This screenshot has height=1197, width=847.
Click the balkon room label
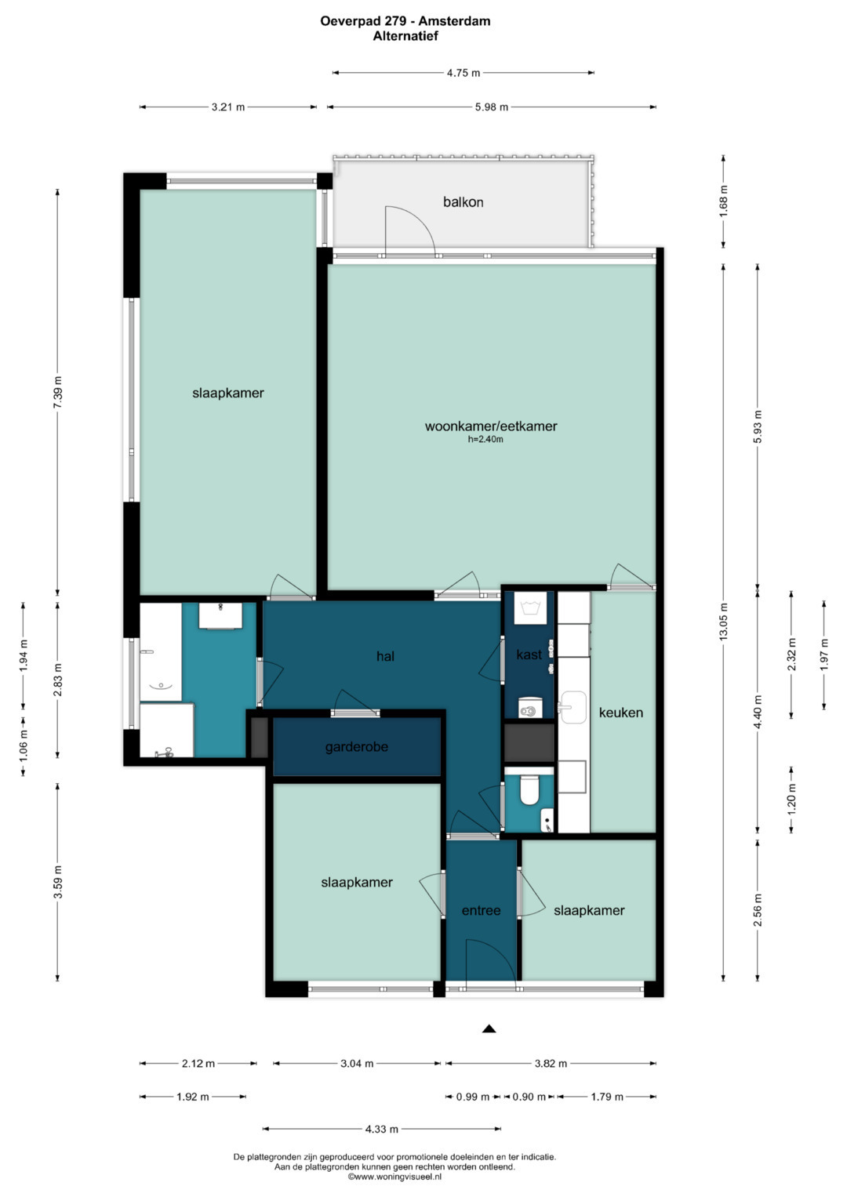(x=463, y=202)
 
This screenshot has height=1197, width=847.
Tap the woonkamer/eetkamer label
(x=491, y=426)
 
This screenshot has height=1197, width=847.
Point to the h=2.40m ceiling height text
(x=485, y=440)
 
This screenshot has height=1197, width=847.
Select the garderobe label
(x=357, y=747)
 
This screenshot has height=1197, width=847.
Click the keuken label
(x=621, y=713)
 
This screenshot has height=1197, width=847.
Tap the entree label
(x=482, y=911)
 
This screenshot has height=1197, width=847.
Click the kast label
(x=529, y=655)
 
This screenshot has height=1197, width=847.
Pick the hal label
(x=385, y=656)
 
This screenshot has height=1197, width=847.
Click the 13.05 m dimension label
(x=723, y=622)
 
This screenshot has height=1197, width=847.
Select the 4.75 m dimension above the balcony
(x=463, y=73)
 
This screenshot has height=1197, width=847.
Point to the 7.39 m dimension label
(x=58, y=392)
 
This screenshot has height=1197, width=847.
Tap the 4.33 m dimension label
(x=382, y=1129)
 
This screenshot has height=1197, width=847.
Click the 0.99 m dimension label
(x=473, y=1097)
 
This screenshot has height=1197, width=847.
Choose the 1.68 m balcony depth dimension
(x=723, y=201)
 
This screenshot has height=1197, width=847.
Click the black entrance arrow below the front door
(x=489, y=1028)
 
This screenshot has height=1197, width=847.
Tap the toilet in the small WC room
(x=529, y=790)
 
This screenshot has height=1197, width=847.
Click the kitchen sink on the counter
(x=573, y=707)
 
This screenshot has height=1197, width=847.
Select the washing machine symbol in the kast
(x=531, y=608)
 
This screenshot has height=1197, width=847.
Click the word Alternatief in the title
(x=405, y=36)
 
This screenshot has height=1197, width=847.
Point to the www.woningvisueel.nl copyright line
(x=394, y=1176)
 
